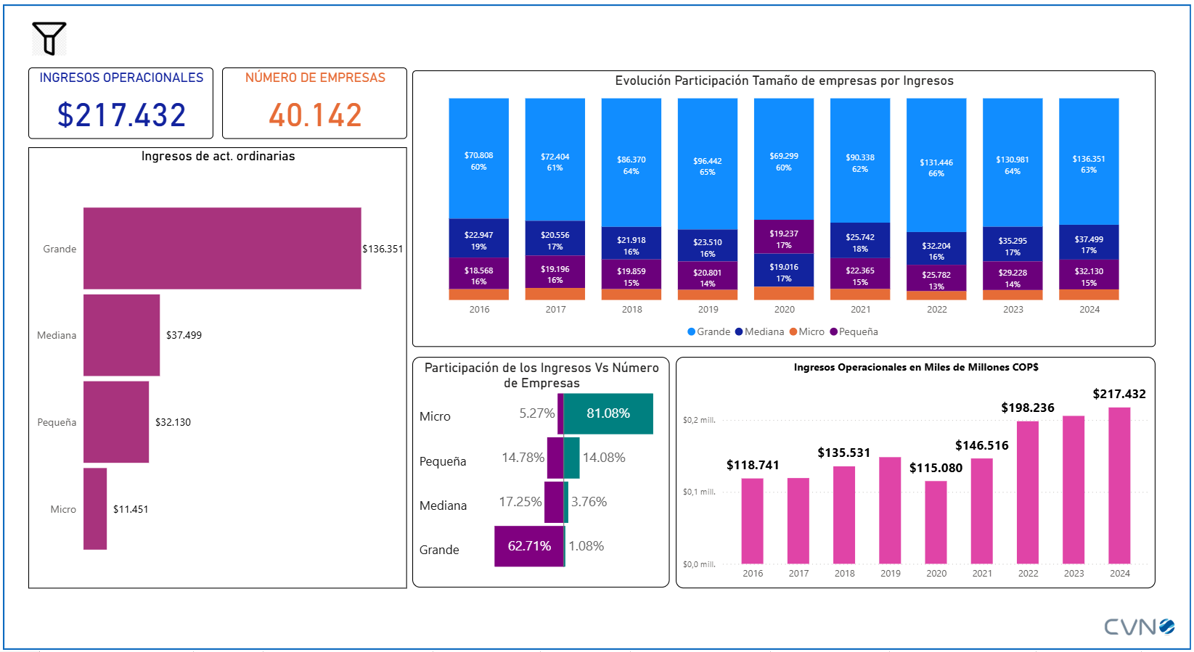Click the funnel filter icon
[x=49, y=38]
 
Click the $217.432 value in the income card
[x=121, y=115]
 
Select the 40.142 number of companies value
[x=315, y=115]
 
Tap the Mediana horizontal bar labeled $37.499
[x=121, y=335]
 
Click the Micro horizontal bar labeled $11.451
[x=95, y=508]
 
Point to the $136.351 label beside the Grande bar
[x=383, y=249]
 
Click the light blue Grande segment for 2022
[x=936, y=165]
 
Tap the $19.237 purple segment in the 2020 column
[x=784, y=237]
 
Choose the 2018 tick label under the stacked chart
[x=631, y=310]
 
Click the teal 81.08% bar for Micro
[x=608, y=413]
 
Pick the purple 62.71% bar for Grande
[x=529, y=546]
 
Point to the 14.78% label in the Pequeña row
[x=523, y=458]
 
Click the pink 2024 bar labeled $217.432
[x=1119, y=486]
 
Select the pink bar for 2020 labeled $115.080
[x=936, y=522]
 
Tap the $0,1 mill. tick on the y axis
[x=699, y=492]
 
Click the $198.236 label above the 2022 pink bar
[x=1028, y=408]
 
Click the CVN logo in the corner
[x=1139, y=627]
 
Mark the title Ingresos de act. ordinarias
[x=218, y=156]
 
